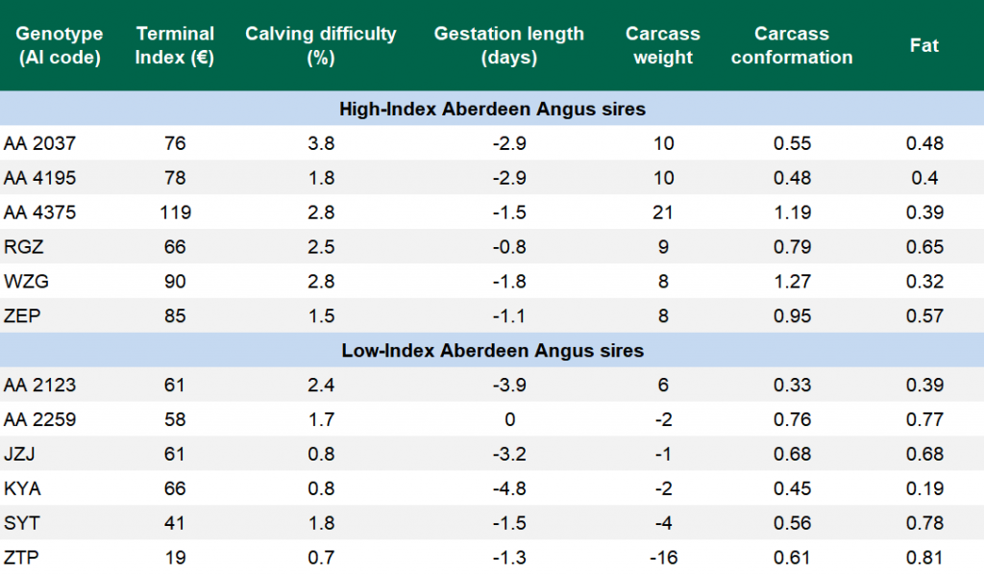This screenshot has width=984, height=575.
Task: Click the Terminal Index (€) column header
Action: click(174, 45)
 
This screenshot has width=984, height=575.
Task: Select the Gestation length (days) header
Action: click(508, 45)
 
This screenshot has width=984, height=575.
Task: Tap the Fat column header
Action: click(923, 45)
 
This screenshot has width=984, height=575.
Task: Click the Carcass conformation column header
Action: click(791, 45)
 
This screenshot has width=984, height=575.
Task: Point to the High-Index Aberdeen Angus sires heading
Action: click(492, 109)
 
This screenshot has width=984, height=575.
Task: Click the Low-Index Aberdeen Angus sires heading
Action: click(492, 350)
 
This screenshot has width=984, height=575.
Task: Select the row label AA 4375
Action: click(39, 212)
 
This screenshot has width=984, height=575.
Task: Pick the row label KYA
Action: click(23, 488)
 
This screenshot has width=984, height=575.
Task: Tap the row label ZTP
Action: click(22, 558)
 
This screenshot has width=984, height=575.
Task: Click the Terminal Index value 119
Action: click(175, 212)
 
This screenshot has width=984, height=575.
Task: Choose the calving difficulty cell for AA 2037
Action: click(320, 143)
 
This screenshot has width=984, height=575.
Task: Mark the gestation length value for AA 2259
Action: click(509, 419)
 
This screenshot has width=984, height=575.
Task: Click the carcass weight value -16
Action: click(662, 558)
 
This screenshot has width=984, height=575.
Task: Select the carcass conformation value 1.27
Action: click(792, 282)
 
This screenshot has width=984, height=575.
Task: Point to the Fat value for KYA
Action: click(924, 488)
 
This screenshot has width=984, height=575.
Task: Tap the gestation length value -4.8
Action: click(509, 488)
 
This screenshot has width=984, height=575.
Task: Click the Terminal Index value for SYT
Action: click(175, 523)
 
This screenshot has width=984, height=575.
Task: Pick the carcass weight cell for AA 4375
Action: click(662, 212)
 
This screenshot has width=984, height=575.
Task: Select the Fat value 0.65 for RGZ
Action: click(924, 247)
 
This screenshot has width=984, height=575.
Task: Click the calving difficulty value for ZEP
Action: click(320, 316)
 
